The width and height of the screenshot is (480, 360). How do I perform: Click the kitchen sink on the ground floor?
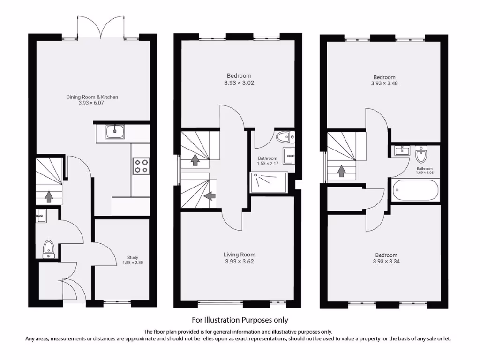pyautogui.click(x=114, y=132)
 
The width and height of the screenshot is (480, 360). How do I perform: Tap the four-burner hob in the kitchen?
pyautogui.click(x=141, y=166)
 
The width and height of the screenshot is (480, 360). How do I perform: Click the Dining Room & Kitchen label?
pyautogui.click(x=92, y=97)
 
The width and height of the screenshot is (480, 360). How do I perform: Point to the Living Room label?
pyautogui.click(x=239, y=255)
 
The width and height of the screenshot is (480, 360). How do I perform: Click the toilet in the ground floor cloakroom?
pyautogui.click(x=48, y=249)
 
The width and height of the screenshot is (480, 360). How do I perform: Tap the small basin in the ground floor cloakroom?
pyautogui.click(x=41, y=217)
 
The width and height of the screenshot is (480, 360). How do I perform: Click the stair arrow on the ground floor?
pyautogui.click(x=48, y=196)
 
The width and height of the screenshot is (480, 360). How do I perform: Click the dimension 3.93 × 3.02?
pyautogui.click(x=239, y=83)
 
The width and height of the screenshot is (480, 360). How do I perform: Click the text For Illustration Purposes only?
pyautogui.click(x=240, y=320)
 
